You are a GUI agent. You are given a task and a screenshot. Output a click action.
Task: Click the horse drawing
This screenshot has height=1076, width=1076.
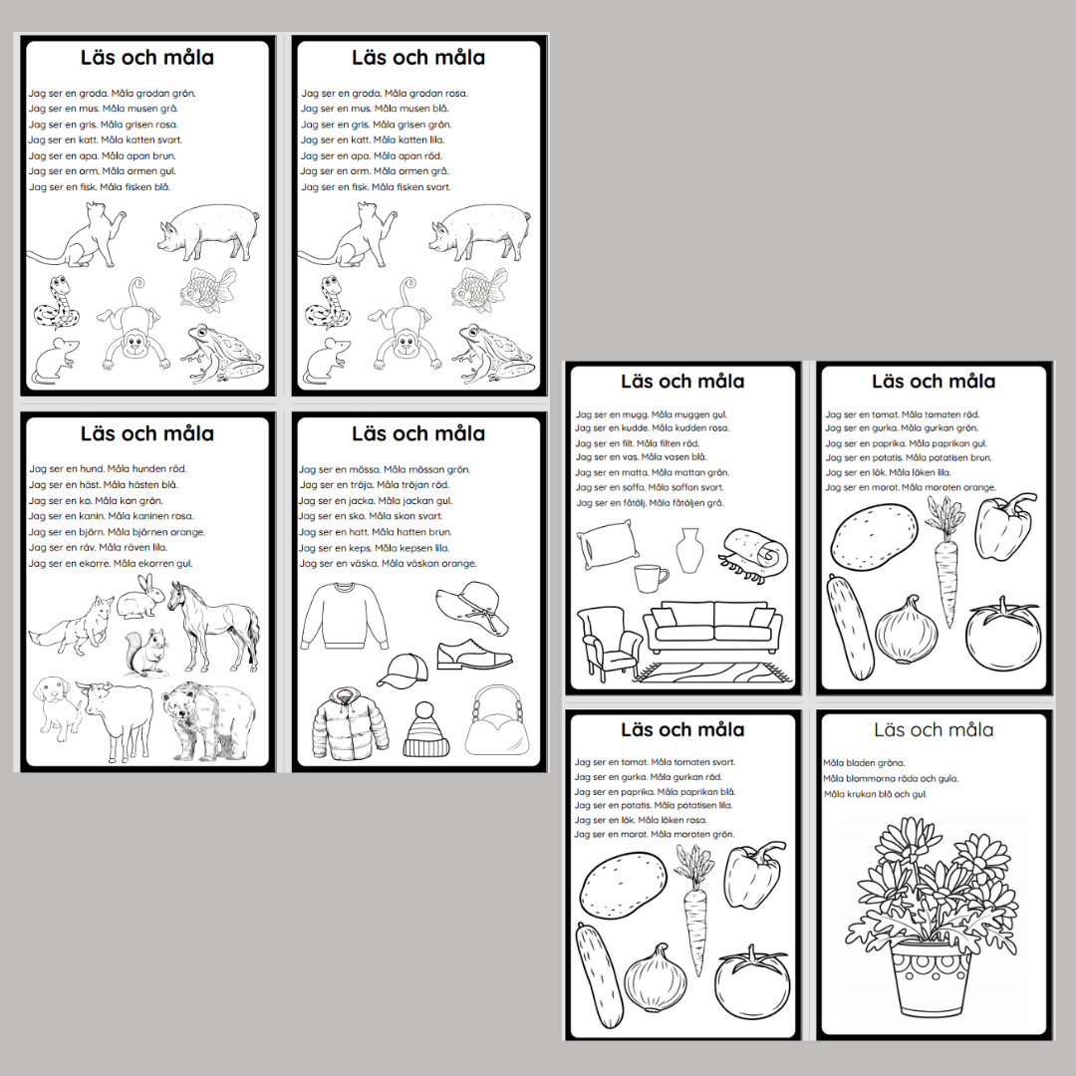tap(213, 626)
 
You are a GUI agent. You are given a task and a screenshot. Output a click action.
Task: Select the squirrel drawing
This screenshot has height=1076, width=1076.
tap(145, 653)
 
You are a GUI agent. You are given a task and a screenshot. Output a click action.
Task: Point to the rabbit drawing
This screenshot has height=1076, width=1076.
tap(139, 597)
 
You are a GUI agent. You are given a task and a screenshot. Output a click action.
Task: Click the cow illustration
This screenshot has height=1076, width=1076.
tap(115, 720)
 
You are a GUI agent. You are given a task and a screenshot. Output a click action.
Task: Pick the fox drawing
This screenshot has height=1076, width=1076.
tap(72, 626)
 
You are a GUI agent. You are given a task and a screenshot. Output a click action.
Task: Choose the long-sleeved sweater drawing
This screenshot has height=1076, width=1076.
tap(345, 615)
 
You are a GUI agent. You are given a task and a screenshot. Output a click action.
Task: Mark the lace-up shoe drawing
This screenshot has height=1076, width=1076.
tap(474, 655)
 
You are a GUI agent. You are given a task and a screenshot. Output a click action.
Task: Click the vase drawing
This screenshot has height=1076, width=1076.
tap(689, 550)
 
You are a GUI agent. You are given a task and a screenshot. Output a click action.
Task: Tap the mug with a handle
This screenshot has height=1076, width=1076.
tap(651, 578)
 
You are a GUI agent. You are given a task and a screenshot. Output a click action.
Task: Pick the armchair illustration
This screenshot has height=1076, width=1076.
tap(608, 643)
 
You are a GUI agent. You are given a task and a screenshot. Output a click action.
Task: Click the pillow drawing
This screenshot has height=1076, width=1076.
tap(608, 545)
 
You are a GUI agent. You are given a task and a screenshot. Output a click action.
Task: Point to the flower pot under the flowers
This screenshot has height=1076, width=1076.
tap(932, 978)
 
